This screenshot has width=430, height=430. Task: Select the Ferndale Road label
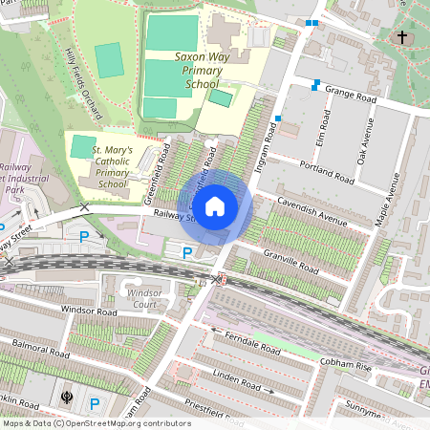[x=252, y=339]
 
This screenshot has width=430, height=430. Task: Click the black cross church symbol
[x=401, y=38]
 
